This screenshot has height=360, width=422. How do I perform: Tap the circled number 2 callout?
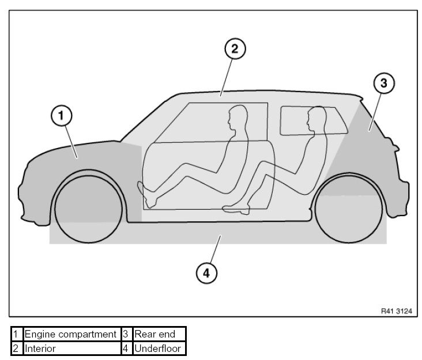pos(235,49)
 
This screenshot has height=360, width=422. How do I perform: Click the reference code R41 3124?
pos(396,309)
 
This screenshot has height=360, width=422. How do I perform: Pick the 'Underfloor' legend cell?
pos(157,348)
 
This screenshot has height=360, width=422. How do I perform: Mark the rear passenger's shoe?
pos(237,209)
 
